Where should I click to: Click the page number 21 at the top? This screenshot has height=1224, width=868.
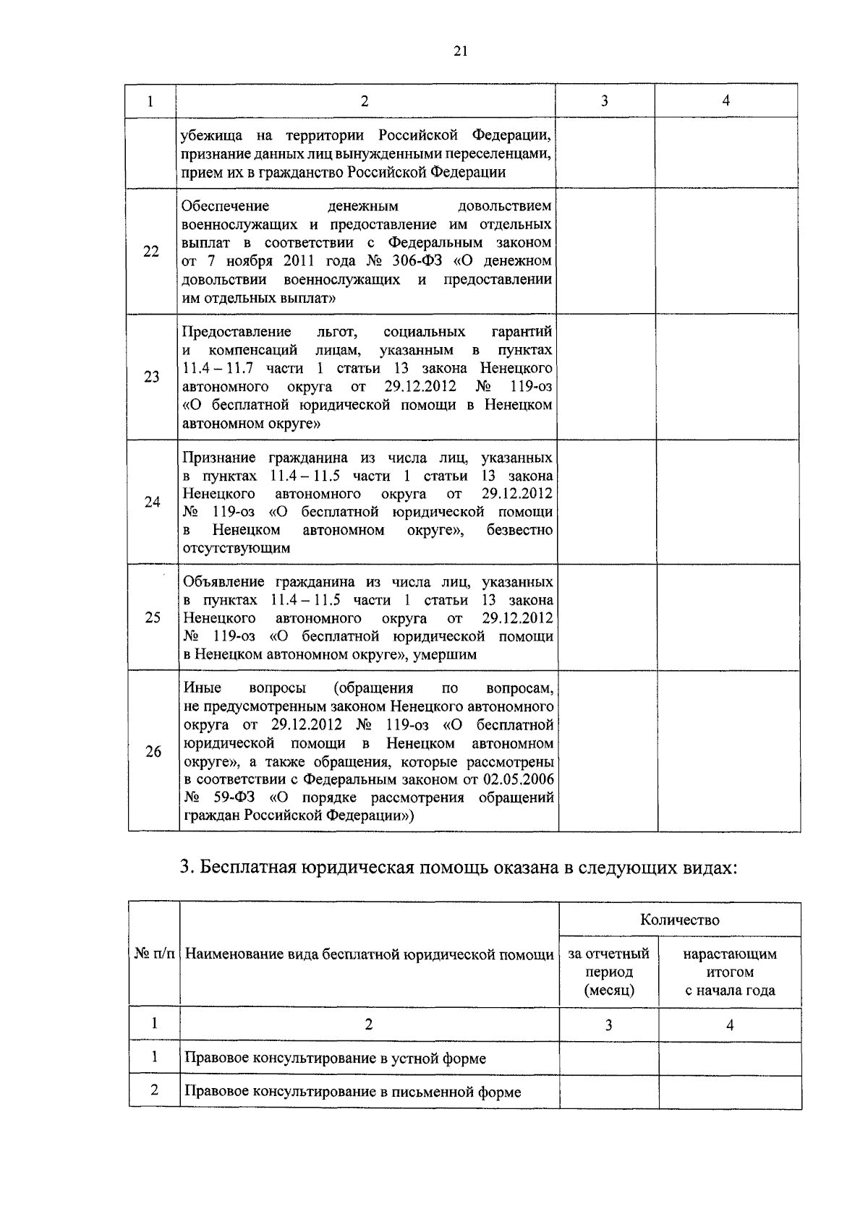[461, 51]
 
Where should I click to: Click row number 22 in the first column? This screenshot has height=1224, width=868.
[151, 252]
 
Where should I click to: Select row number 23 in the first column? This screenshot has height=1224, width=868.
[152, 377]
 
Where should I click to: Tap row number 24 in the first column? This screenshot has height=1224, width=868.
[152, 502]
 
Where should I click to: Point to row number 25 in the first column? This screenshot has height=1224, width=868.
[153, 617]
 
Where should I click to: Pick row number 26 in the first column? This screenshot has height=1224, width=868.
[153, 751]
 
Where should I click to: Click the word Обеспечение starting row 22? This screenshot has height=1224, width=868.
[225, 206]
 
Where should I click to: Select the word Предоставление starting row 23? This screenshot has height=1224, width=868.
[237, 332]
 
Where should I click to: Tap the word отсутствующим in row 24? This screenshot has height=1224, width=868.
[236, 548]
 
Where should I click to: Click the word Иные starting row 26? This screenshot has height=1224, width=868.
[203, 688]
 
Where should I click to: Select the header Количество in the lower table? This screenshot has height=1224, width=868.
[679, 920]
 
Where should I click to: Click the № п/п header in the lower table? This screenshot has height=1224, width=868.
[154, 954]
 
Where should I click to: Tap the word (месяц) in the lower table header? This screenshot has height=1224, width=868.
[609, 990]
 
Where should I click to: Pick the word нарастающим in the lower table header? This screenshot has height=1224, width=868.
[729, 954]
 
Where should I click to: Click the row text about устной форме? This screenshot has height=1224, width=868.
[335, 1058]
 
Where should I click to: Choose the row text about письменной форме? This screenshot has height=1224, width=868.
[352, 1092]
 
